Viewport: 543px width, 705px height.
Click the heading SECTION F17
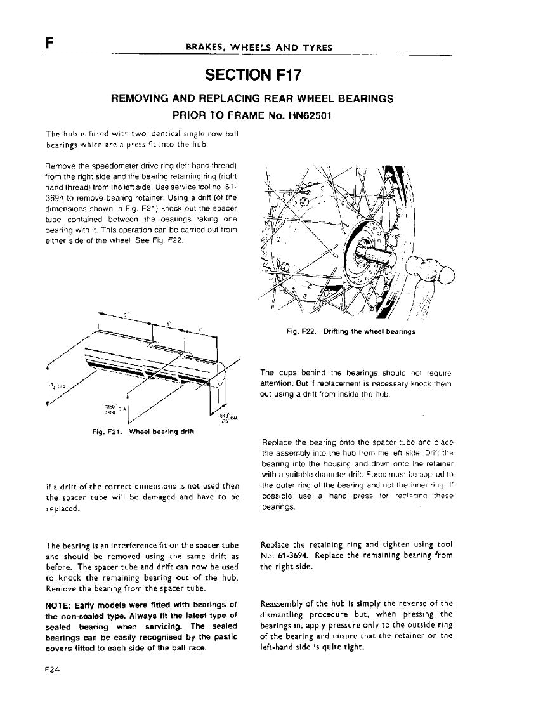click(252, 76)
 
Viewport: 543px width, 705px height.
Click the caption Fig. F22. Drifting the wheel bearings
click(350, 332)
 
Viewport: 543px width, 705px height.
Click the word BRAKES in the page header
click(204, 48)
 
